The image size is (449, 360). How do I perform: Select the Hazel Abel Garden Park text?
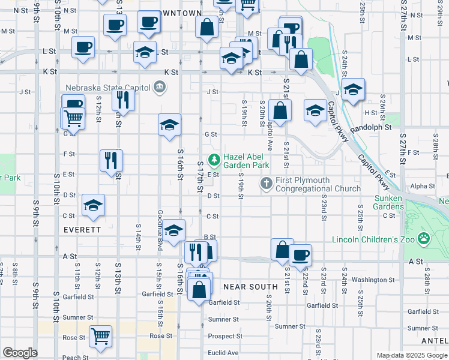tap(246, 161)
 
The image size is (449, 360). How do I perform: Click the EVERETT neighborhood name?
tap(82, 230)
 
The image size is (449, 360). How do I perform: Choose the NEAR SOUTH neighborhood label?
tap(250, 287)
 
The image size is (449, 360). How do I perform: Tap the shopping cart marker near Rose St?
tap(100, 336)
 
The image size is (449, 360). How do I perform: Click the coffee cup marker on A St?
tap(300, 254)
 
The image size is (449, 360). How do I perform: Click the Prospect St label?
tap(225, 336)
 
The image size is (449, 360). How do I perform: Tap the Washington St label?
tap(373, 280)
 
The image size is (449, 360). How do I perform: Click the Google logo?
tap(20, 353)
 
